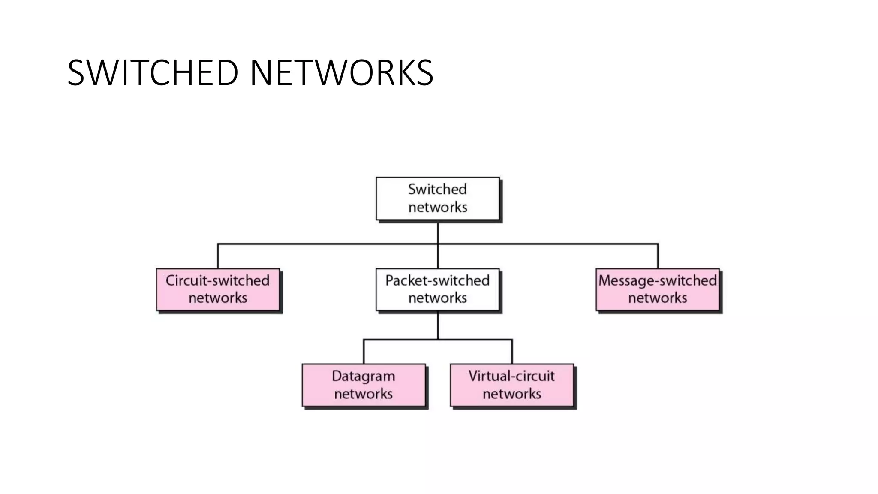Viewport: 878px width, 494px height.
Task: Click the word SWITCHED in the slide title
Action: click(x=153, y=73)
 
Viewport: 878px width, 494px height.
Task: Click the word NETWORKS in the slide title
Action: click(x=341, y=73)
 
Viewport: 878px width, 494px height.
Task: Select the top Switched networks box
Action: click(x=438, y=199)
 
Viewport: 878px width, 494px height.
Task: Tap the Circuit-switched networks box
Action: click(x=218, y=289)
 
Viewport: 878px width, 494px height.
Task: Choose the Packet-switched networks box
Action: click(x=438, y=289)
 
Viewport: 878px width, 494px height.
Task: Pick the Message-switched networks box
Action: click(x=658, y=289)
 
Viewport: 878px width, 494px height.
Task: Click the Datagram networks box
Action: click(x=364, y=385)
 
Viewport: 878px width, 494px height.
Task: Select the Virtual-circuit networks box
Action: click(x=512, y=385)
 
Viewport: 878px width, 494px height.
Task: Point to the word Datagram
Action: click(x=364, y=376)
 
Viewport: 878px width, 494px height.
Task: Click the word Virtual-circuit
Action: click(x=512, y=376)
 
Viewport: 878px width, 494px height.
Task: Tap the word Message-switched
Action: click(x=658, y=280)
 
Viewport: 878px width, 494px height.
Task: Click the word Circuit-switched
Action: click(x=218, y=280)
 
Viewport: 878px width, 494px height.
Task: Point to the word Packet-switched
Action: click(x=438, y=280)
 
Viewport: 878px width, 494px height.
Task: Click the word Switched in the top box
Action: click(x=438, y=189)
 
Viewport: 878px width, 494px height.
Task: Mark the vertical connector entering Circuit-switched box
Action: click(x=218, y=256)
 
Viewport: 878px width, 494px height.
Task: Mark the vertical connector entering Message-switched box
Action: click(x=658, y=256)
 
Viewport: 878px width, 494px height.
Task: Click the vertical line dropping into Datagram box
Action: click(x=364, y=352)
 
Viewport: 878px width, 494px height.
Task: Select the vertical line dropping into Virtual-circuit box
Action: click(x=512, y=352)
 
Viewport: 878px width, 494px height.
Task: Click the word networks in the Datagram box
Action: click(x=364, y=394)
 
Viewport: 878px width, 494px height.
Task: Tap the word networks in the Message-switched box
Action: click(x=658, y=298)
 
